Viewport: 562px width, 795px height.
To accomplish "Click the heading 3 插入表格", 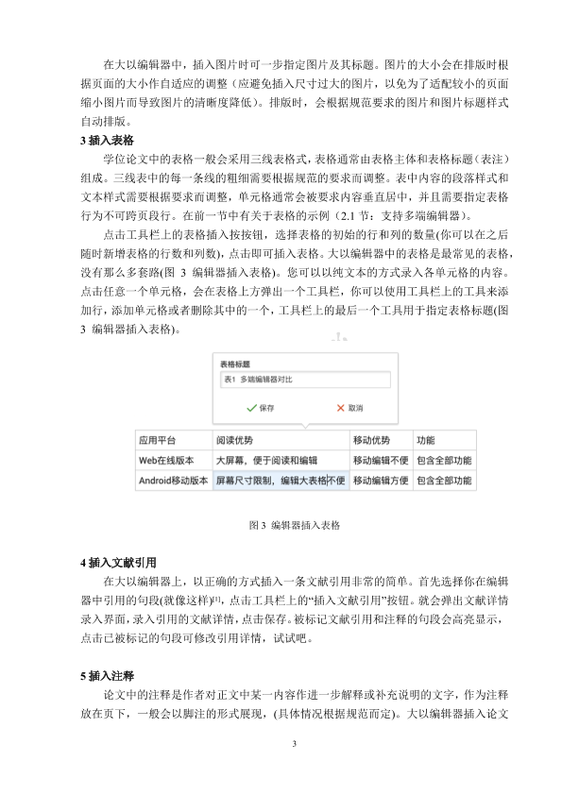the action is (108, 140).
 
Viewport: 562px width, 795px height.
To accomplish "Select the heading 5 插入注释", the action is (108, 676).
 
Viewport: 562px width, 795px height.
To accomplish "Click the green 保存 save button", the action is (260, 409).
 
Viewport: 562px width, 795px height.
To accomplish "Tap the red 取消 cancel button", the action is (349, 409).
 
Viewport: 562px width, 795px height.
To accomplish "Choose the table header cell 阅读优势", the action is (235, 440).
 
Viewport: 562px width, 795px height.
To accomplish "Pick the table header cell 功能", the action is (426, 440).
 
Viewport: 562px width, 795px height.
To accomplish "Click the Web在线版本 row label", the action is (166, 460).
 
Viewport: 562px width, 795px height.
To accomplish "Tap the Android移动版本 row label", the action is (173, 481).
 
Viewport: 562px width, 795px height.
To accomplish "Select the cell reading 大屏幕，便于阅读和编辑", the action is (266, 460).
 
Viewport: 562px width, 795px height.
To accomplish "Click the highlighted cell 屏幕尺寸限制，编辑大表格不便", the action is (280, 481).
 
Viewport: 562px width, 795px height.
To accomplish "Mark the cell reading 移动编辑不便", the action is (381, 460).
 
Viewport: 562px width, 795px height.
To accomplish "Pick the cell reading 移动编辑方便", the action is (381, 481).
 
